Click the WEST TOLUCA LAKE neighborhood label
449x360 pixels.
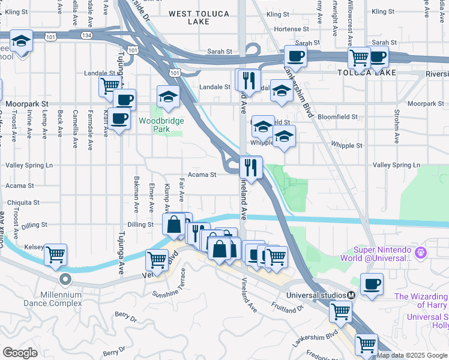point(197,17)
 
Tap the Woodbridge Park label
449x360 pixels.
point(161,124)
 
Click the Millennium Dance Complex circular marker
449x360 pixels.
point(65,279)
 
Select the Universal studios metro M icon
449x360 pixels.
point(351,295)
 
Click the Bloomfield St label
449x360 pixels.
point(337,117)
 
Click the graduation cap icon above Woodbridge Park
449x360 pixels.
point(169,96)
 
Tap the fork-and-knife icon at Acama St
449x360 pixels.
point(251,167)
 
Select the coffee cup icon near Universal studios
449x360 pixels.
point(372,284)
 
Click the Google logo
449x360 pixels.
point(20,353)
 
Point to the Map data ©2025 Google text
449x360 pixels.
point(412,355)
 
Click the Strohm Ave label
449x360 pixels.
point(397,127)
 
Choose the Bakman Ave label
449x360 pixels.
point(136,198)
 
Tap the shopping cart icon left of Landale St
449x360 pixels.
point(110,85)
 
